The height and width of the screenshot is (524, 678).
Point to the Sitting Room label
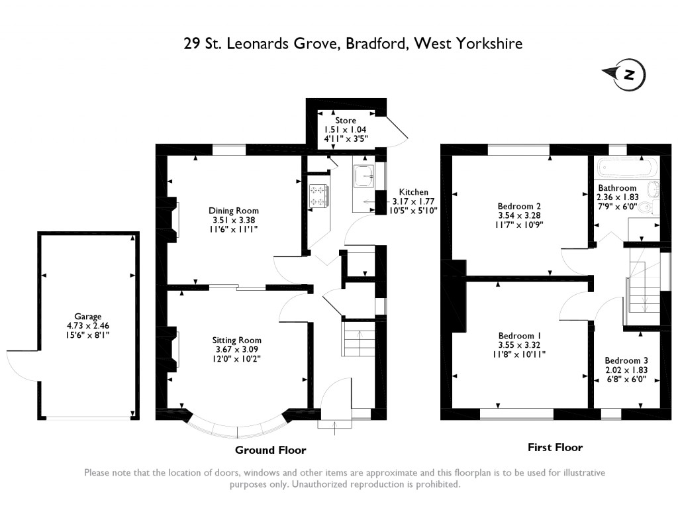click(237, 340)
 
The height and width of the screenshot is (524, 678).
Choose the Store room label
click(345, 121)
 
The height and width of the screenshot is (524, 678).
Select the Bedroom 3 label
click(626, 361)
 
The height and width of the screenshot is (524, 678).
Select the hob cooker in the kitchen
click(318, 195)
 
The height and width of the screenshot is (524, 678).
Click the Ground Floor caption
click(271, 450)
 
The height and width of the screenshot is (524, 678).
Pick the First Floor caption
click(555, 448)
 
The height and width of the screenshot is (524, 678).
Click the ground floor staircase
click(358, 339)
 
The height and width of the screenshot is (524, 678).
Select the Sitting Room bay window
click(237, 429)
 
